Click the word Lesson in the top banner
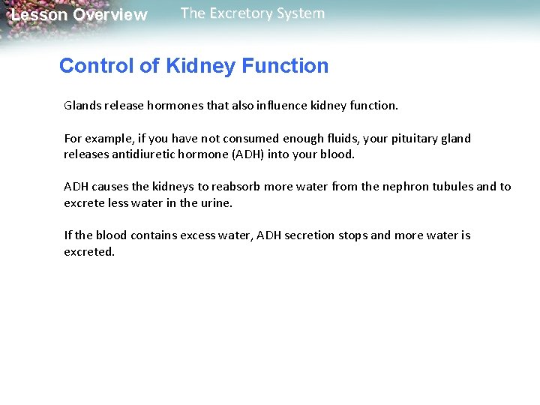[x=39, y=15]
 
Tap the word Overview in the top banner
[x=110, y=15]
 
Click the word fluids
[x=341, y=139]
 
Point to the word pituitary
[x=416, y=139]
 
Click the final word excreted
[x=88, y=251]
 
